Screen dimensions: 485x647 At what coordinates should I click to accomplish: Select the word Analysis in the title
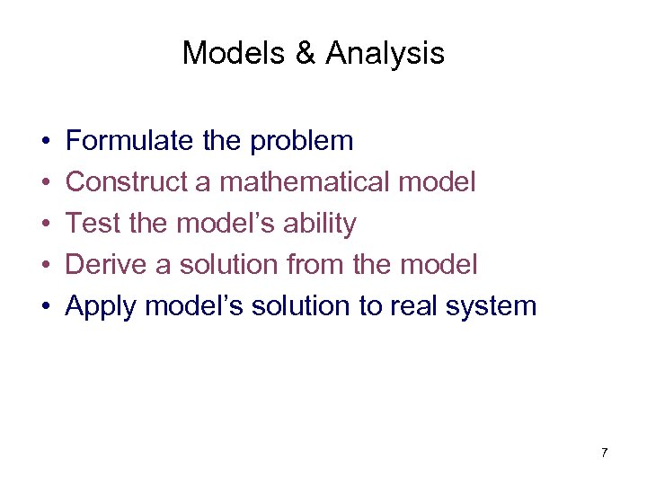point(385,54)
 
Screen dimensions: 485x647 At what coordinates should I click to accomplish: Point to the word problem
point(302,142)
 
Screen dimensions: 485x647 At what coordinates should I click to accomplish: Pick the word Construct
point(125,182)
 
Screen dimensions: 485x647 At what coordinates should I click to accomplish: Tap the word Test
point(93,224)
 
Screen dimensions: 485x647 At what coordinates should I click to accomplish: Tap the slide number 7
point(604,453)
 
